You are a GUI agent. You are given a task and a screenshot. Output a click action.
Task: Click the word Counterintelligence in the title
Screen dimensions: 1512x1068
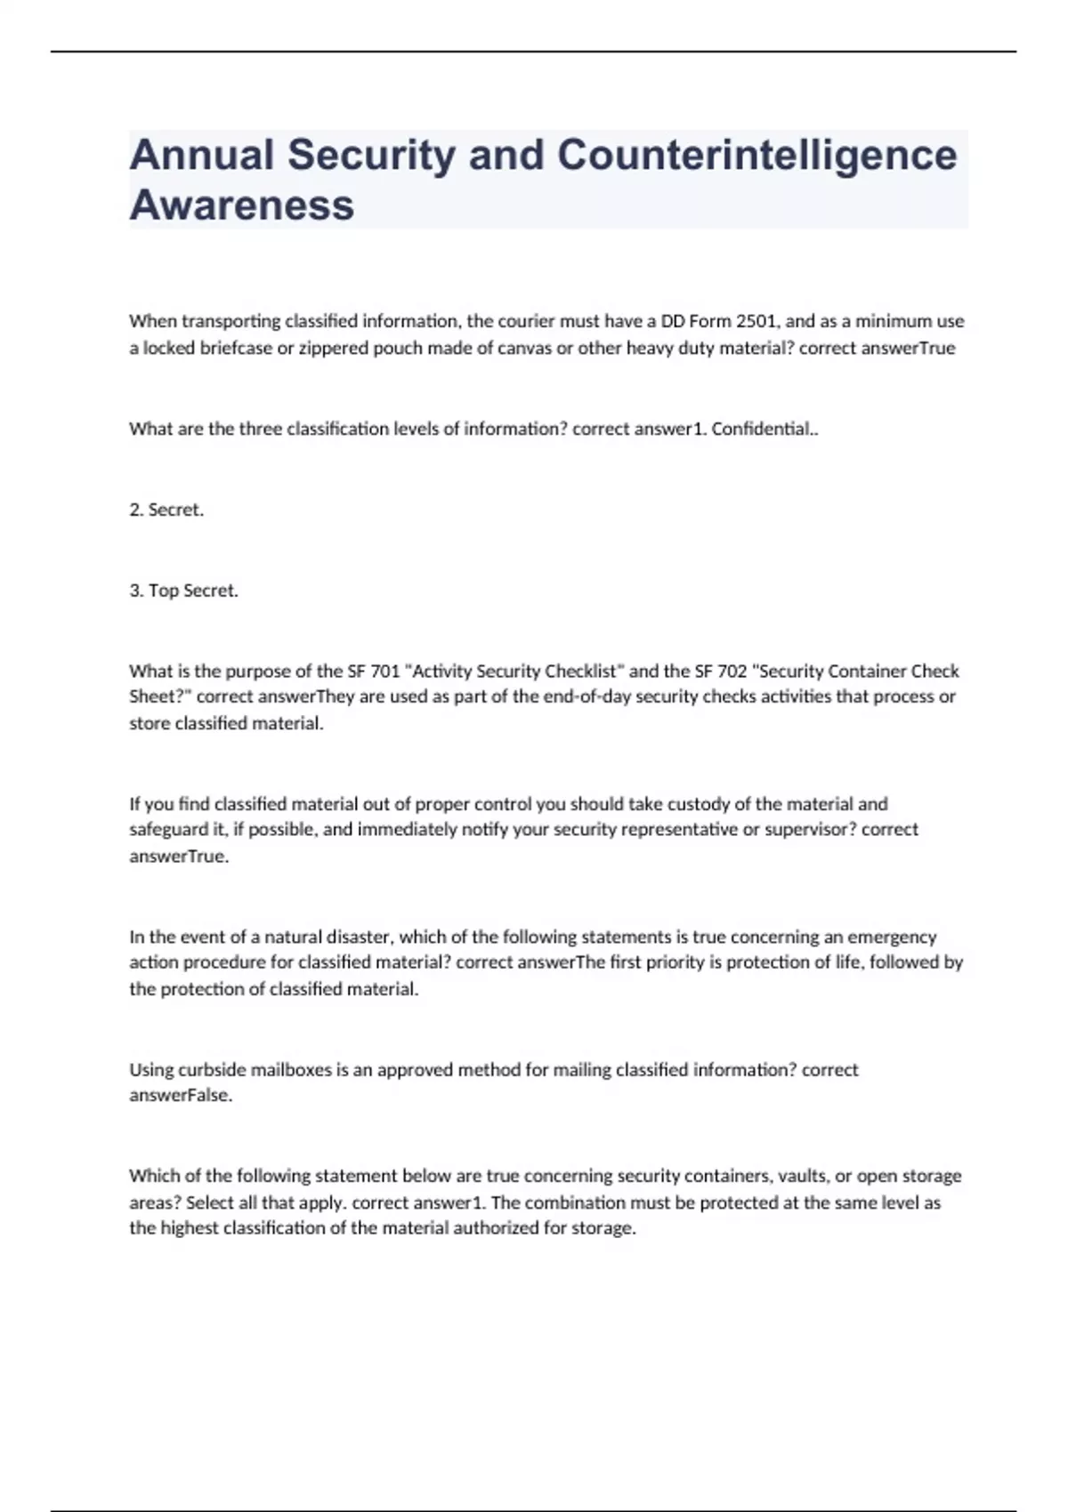pyautogui.click(x=756, y=155)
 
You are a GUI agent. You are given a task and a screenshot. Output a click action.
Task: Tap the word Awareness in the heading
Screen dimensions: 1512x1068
pyautogui.click(x=242, y=205)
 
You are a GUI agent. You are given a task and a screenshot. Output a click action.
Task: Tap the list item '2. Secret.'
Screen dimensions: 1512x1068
pyautogui.click(x=166, y=510)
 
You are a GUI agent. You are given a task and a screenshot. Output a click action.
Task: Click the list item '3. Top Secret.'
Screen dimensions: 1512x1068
pyautogui.click(x=183, y=591)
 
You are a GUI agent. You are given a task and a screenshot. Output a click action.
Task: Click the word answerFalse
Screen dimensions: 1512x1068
pyautogui.click(x=181, y=1096)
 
